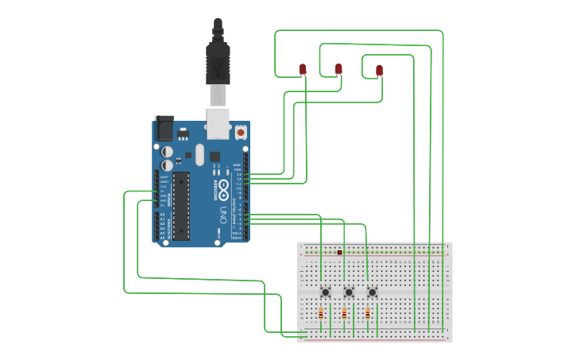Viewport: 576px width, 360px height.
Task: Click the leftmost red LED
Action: pos(303,70)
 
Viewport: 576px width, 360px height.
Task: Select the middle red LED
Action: pos(338,69)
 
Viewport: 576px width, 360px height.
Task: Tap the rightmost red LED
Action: pos(379,70)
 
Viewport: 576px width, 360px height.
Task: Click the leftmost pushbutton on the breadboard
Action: pos(325,292)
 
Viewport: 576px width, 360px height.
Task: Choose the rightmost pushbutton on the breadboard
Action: pos(372,292)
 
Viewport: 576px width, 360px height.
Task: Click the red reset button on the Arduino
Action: pos(241,132)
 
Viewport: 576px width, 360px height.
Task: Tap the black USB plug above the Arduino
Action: pos(217,60)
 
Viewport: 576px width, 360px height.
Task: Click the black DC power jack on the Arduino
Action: pos(164,128)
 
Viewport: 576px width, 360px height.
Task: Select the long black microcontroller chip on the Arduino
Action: pos(182,205)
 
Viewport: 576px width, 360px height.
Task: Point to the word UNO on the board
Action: pos(223,215)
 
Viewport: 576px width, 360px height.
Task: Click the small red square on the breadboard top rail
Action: pos(339,253)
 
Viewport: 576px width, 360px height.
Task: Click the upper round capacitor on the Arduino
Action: pos(168,150)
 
